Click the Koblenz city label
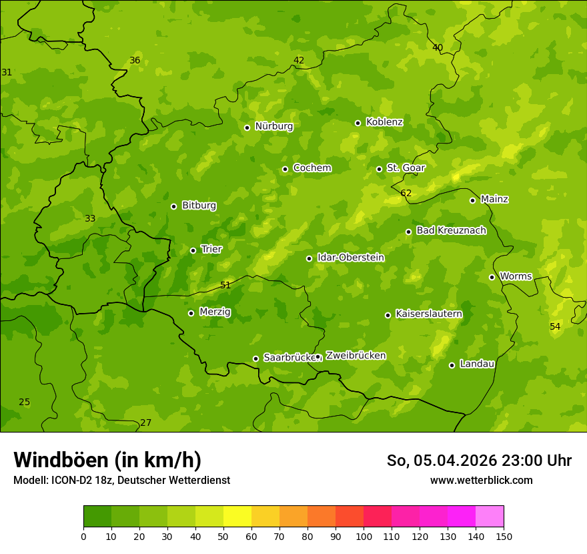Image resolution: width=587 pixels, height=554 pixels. [x=384, y=122]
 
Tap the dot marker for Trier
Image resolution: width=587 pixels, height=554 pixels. [x=193, y=250]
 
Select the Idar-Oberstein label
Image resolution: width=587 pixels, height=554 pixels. [x=351, y=258]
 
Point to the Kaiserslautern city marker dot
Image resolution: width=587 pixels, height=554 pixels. [x=388, y=315]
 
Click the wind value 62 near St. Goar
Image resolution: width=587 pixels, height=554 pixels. [x=406, y=194]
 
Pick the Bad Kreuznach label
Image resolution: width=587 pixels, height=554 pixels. [x=451, y=230]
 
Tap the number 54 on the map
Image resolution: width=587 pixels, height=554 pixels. [x=555, y=326]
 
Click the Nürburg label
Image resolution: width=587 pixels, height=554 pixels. [x=273, y=126]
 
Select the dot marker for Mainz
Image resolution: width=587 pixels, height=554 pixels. [x=472, y=200]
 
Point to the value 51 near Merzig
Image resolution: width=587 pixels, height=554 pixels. [x=225, y=285]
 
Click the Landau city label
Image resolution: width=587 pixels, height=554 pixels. [x=477, y=364]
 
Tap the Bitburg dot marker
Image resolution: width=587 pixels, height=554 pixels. [x=173, y=206]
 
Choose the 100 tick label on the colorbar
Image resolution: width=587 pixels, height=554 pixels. [x=364, y=536]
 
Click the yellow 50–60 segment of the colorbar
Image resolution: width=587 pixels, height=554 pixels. [x=237, y=517]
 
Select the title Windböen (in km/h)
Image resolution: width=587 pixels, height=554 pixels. [x=107, y=460]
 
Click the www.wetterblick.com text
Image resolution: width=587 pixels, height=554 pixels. [x=481, y=480]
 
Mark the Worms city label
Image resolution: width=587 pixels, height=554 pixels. [x=516, y=276]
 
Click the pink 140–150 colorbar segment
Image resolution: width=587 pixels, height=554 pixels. [x=490, y=517]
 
